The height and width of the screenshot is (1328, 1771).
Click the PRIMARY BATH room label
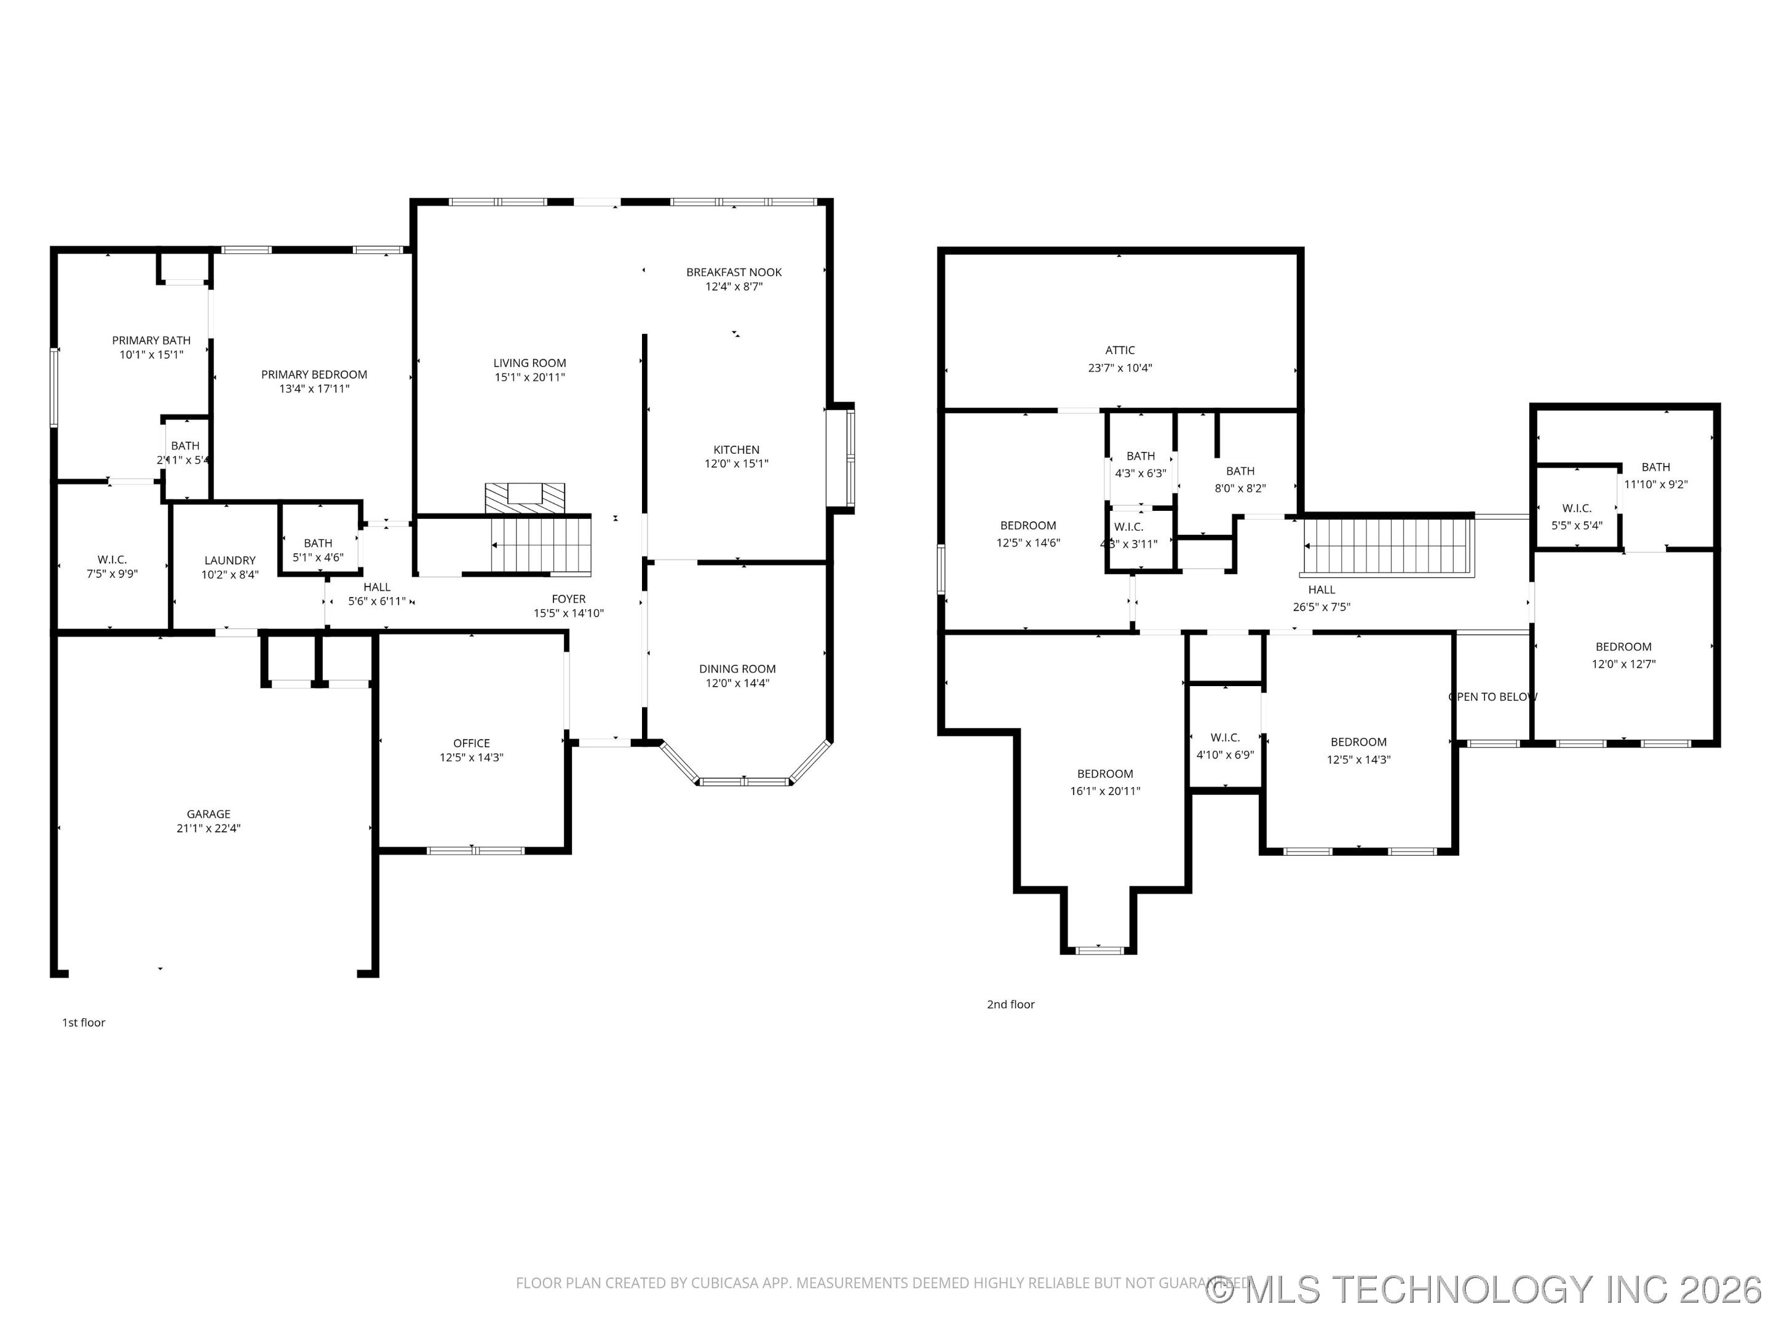(151, 340)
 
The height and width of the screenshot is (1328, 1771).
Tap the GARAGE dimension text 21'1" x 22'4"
(208, 829)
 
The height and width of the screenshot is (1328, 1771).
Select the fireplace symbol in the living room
(525, 496)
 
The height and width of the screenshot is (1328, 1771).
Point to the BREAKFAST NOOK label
(734, 272)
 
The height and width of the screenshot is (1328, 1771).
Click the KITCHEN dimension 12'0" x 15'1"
(736, 464)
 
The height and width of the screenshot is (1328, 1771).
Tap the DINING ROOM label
(737, 668)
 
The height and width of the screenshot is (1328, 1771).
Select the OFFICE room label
(471, 743)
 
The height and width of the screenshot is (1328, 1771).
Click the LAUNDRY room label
(230, 560)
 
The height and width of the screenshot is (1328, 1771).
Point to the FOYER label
(568, 599)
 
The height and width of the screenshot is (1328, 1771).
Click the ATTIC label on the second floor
(1119, 350)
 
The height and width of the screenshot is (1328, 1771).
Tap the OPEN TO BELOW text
(1492, 697)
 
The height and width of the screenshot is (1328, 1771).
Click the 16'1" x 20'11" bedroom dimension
(1105, 791)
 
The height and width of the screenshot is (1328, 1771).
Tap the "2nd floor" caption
(1010, 1004)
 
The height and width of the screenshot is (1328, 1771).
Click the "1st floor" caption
(83, 1022)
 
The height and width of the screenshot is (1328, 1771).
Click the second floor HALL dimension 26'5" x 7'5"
(1321, 607)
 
